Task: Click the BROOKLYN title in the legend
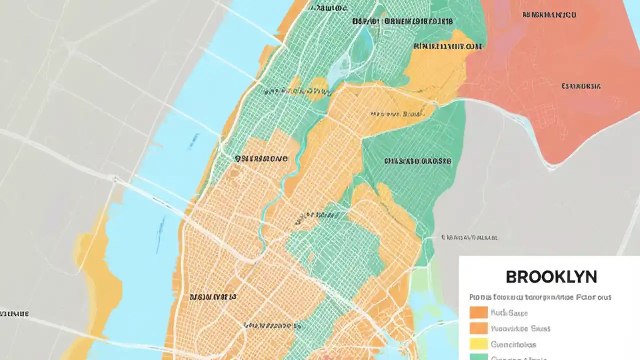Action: [x=551, y=277]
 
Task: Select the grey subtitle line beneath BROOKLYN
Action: [x=540, y=297]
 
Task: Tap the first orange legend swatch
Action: [x=478, y=313]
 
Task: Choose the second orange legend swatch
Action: [x=478, y=328]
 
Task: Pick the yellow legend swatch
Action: [x=478, y=344]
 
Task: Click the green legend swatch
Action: [x=478, y=357]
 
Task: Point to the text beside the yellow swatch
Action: [x=513, y=344]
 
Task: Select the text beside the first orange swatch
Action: [x=509, y=313]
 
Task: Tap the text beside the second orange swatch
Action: [x=520, y=329]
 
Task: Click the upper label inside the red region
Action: [x=549, y=15]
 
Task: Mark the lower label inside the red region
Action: [x=581, y=86]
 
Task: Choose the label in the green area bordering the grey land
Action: [x=417, y=161]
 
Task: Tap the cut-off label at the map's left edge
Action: [x=14, y=314]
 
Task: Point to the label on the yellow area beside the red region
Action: [x=448, y=46]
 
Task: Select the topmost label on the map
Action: [x=327, y=8]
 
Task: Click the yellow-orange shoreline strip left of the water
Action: [x=97, y=280]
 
